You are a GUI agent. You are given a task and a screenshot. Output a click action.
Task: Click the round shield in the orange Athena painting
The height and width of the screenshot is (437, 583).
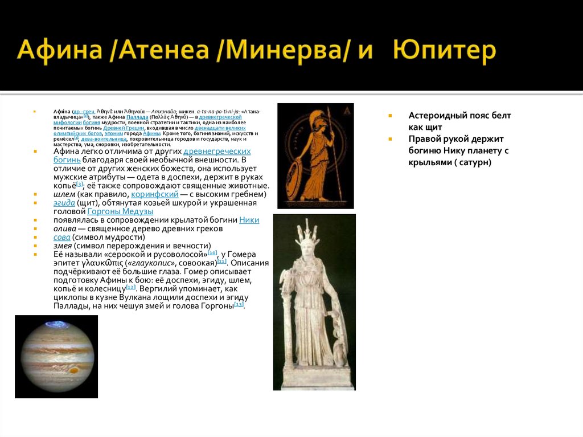click(295, 179)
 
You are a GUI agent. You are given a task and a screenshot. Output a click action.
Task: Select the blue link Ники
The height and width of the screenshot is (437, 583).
click(249, 220)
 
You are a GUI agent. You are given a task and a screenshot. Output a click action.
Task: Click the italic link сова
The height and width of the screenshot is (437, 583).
click(62, 237)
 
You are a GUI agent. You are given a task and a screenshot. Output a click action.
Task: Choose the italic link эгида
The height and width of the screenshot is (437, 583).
click(64, 203)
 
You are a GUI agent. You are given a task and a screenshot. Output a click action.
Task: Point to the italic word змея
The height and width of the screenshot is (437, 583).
click(64, 246)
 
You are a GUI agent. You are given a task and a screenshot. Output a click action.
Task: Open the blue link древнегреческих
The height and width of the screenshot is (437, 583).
click(217, 151)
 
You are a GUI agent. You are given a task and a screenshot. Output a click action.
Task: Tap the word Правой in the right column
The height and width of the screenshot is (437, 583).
click(425, 139)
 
